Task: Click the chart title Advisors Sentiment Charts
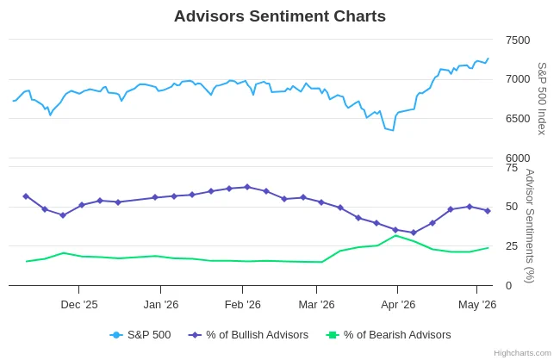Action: click(280, 16)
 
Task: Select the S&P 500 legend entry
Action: click(140, 335)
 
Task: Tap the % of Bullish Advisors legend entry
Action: click(248, 335)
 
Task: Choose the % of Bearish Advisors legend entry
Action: click(389, 335)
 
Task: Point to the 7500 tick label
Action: click(518, 40)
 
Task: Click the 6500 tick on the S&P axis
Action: click(518, 119)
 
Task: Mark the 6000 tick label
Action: click(518, 158)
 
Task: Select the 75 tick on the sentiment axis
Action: click(512, 167)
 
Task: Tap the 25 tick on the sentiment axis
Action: click(512, 246)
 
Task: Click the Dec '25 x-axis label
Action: click(79, 305)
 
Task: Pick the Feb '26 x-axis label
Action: click(242, 305)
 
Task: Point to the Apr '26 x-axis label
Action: click(398, 305)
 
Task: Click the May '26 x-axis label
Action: click(477, 305)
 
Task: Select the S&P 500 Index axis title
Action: click(542, 98)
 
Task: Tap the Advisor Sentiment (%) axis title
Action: click(530, 226)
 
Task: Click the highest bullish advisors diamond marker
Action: click(247, 187)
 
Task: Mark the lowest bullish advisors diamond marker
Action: click(414, 233)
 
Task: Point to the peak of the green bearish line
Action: click(395, 236)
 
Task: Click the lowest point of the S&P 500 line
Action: click(393, 130)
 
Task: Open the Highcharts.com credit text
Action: click(522, 353)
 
